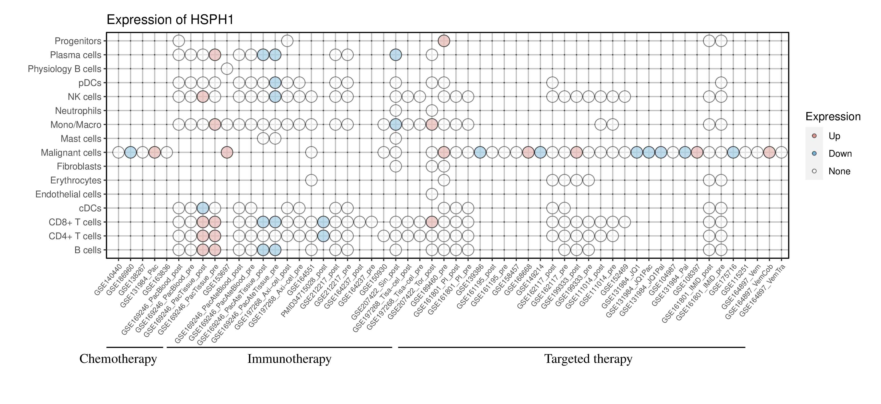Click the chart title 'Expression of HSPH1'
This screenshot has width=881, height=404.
(170, 20)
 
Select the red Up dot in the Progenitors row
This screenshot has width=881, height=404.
(444, 41)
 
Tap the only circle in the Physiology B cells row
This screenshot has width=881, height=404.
(227, 69)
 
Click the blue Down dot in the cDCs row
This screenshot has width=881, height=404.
(203, 208)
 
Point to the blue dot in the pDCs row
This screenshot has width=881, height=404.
(275, 83)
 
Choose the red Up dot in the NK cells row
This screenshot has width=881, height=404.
(203, 97)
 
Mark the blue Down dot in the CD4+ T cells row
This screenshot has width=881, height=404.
(323, 236)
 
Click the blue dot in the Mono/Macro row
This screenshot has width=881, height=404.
(395, 125)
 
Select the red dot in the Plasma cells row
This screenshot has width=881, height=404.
(215, 55)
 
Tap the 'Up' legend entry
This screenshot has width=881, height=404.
(834, 136)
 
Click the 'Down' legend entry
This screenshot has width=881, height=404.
(840, 154)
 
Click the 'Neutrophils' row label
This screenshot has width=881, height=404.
(78, 111)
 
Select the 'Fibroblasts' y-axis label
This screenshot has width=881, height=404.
(79, 166)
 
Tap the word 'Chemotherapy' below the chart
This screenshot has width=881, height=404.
(118, 359)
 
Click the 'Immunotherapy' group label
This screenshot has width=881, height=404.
(289, 359)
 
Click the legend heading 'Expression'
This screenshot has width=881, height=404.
(833, 117)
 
